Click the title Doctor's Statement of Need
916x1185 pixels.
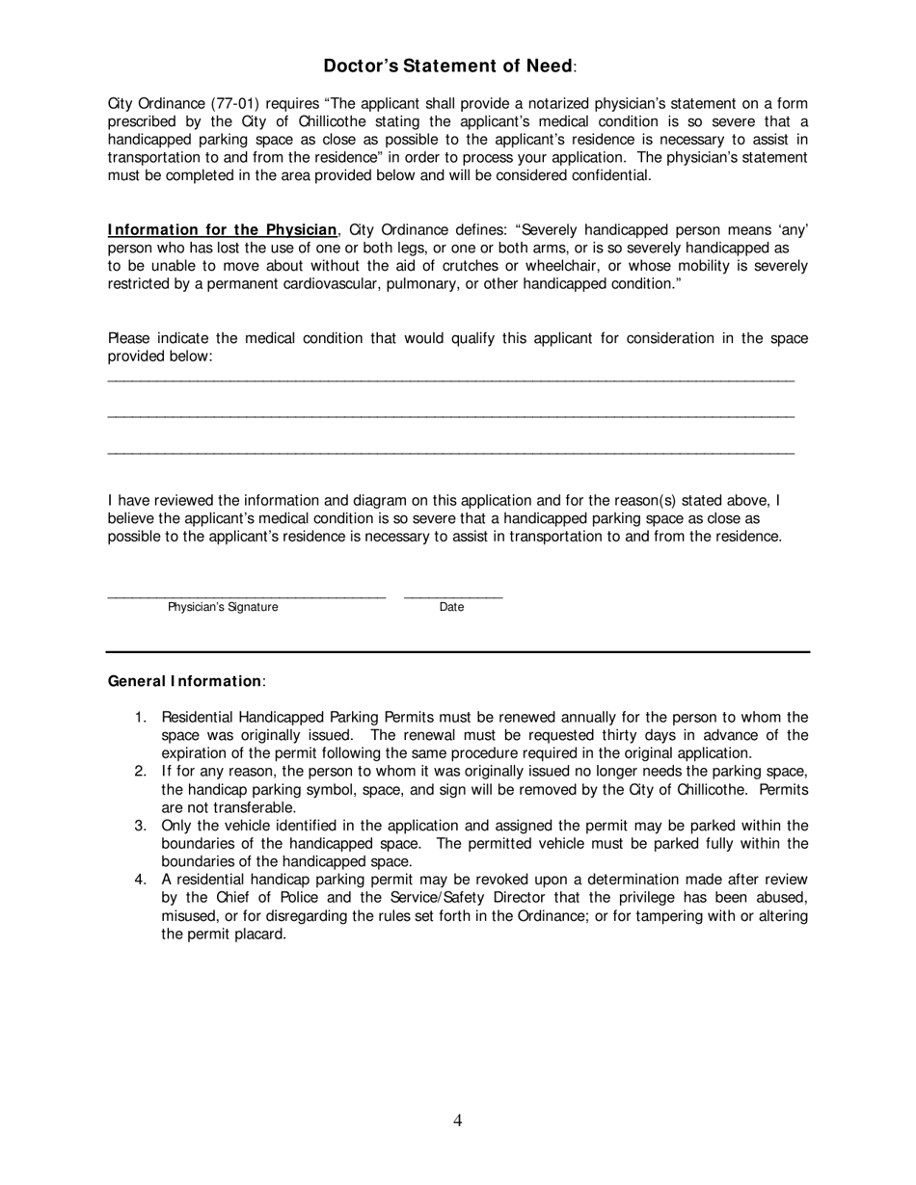pyautogui.click(x=448, y=66)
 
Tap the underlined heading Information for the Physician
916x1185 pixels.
pyautogui.click(x=223, y=229)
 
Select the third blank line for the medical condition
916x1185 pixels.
pyautogui.click(x=450, y=453)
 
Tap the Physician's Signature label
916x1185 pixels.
pyautogui.click(x=223, y=607)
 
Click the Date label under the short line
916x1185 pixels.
pyautogui.click(x=451, y=607)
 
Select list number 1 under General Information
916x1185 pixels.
pyautogui.click(x=140, y=718)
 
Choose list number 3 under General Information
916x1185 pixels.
pyautogui.click(x=140, y=826)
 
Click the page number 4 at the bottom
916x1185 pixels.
pyautogui.click(x=457, y=1119)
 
